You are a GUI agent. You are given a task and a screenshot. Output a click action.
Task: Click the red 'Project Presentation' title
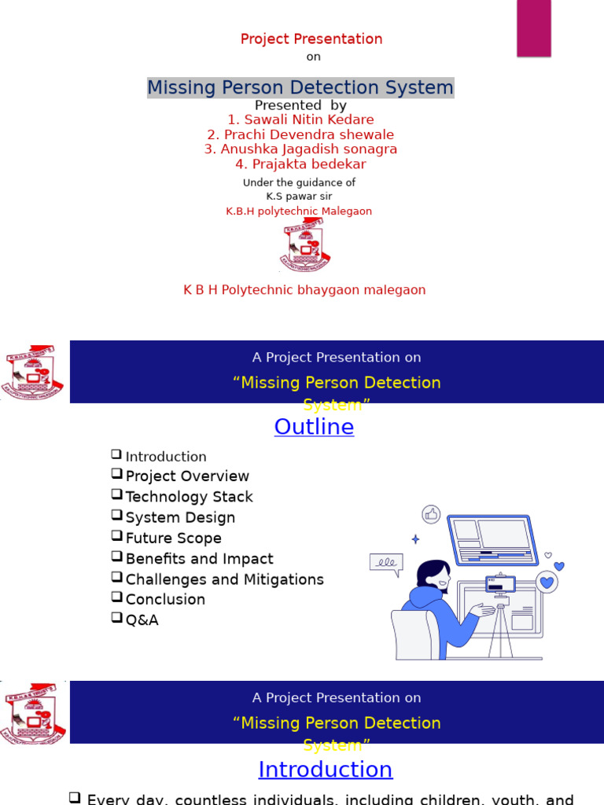[x=311, y=39]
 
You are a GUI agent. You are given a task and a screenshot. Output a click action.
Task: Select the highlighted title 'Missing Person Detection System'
[x=300, y=87]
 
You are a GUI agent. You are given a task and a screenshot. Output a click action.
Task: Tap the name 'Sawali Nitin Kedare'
[x=307, y=119]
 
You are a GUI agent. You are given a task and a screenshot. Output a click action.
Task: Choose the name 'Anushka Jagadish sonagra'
[x=307, y=149]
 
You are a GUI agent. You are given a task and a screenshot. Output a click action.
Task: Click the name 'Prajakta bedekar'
[x=307, y=164]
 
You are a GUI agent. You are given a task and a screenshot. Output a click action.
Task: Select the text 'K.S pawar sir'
[x=299, y=197]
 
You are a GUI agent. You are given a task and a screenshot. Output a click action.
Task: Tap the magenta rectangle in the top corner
[x=533, y=28]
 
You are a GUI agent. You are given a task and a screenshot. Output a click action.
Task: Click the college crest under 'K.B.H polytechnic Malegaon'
[x=304, y=247]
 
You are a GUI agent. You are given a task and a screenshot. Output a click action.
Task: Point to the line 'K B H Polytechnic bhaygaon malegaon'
[x=304, y=290]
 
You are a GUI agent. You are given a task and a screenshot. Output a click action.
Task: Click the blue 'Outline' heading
[x=314, y=427]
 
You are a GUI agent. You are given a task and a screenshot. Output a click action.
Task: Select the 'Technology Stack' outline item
[x=189, y=497]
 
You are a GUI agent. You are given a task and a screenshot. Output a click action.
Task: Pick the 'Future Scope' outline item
[x=173, y=539]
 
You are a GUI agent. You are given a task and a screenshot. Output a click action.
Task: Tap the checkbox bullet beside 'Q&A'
[x=116, y=619]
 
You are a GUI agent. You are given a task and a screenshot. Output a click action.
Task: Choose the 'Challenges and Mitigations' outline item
[x=224, y=579]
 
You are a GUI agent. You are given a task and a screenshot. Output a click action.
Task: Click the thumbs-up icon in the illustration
[x=430, y=515]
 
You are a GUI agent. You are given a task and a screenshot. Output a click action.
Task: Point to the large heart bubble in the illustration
[x=547, y=583]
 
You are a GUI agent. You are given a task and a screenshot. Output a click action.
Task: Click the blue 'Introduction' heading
[x=325, y=770]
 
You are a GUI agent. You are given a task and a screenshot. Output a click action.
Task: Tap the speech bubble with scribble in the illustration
[x=385, y=563]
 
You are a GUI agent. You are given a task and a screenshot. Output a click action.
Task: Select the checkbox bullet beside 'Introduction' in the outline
[x=116, y=454]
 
